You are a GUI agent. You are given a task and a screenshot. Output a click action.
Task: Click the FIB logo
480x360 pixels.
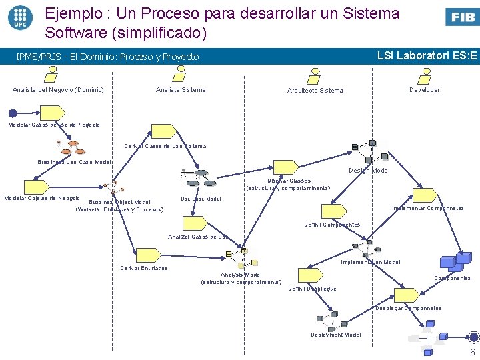pos(461,17)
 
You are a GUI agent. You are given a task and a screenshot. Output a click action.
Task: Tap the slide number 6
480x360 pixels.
pos(472,353)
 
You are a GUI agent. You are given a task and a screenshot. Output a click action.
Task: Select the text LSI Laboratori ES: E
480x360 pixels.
pos(427,56)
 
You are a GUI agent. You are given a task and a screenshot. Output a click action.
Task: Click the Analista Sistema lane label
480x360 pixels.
pos(181,90)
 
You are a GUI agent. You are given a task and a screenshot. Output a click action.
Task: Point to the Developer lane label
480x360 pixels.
pos(425,90)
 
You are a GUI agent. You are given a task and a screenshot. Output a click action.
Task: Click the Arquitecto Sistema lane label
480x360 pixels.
pos(315,91)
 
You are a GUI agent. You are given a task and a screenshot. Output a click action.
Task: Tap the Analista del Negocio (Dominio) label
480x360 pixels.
pos(58,90)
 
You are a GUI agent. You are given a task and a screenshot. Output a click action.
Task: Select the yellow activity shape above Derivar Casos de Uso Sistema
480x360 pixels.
pos(163,132)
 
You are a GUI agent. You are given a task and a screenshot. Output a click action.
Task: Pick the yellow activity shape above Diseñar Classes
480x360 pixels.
pos(285,167)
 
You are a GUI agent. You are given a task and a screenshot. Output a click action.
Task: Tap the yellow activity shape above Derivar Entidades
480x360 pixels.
pos(146,254)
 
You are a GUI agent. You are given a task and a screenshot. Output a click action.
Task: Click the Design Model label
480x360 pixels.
pos(369,171)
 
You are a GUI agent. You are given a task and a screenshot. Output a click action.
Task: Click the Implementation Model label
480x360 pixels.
pos(371,262)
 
